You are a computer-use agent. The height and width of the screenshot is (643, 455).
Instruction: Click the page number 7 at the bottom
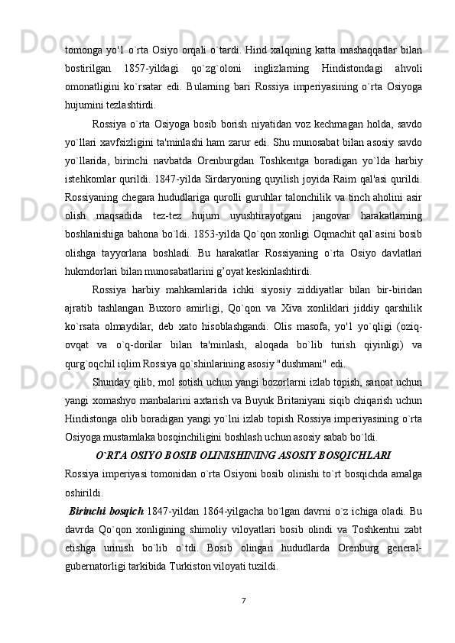click(242, 599)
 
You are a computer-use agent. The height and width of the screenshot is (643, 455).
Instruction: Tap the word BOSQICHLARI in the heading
click(354, 456)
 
